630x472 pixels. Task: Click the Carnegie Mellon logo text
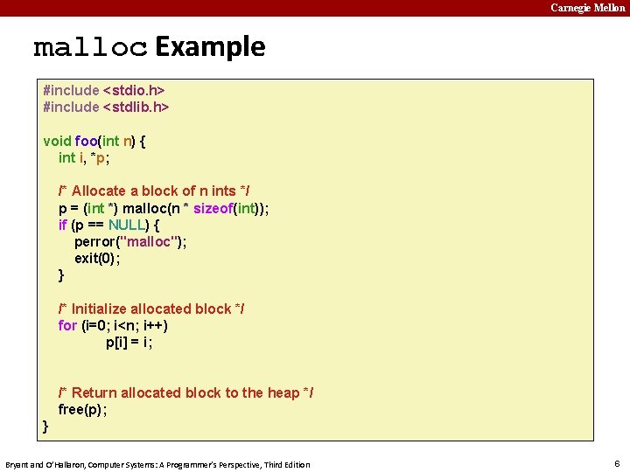[x=587, y=8]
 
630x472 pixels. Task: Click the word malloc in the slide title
[x=90, y=48]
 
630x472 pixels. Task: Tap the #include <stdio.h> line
[x=104, y=90]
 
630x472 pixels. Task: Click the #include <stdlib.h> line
[x=106, y=107]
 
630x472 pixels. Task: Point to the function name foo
[x=87, y=141]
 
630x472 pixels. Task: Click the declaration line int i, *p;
[x=84, y=157]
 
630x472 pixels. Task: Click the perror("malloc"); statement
[x=130, y=241]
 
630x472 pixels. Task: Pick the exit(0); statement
[x=97, y=258]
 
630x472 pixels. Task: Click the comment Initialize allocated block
[x=151, y=309]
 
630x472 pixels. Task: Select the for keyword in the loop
[x=67, y=325]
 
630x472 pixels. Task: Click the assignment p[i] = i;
[x=129, y=343]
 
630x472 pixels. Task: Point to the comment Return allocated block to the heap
[x=185, y=392]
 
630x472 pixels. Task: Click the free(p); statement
[x=82, y=409]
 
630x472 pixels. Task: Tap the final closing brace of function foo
[x=46, y=427]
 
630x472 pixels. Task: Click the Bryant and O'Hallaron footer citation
[x=157, y=464]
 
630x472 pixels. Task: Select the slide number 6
[x=616, y=463]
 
